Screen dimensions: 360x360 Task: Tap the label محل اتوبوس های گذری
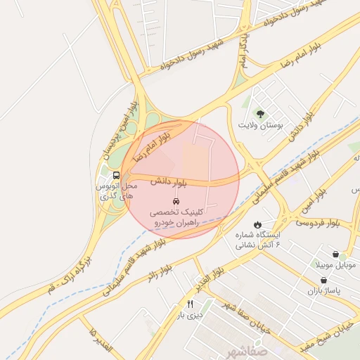click(115, 191)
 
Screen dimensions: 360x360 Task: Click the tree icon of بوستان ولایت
click(260, 114)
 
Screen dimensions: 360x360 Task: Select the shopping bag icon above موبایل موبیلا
click(334, 254)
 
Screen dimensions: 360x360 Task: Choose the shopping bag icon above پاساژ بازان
click(323, 280)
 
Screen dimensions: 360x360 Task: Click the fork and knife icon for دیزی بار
click(189, 304)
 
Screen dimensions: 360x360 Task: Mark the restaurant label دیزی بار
click(189, 316)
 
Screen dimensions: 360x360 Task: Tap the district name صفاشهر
click(246, 349)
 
